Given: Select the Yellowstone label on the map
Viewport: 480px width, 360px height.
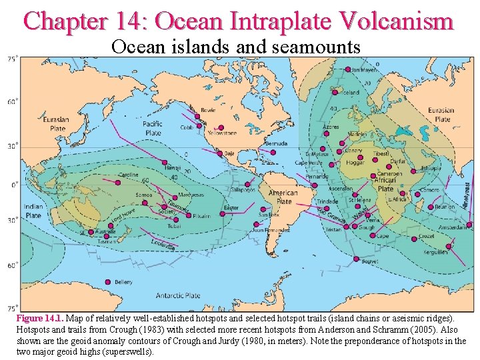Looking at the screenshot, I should (x=222, y=133).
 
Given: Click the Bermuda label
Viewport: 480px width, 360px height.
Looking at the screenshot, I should (x=275, y=143).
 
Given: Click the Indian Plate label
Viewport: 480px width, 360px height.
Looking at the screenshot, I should (x=33, y=211).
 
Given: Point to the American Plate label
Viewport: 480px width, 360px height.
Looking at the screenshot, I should (x=283, y=197).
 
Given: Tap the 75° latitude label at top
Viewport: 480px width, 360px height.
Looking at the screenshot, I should (x=12, y=59).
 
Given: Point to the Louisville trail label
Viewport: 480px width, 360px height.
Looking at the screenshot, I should (x=164, y=245).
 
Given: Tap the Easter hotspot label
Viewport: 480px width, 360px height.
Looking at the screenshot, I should (x=231, y=207).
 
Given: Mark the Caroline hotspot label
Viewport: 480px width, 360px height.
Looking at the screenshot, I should (x=129, y=175).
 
